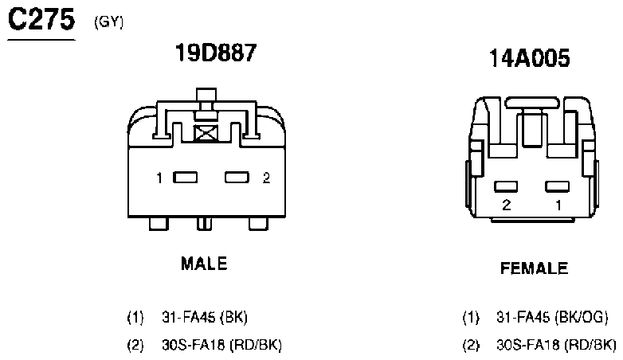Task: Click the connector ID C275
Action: [x=41, y=19]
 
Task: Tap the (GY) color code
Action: [x=109, y=22]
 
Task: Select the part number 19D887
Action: [x=216, y=53]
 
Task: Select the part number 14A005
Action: [x=529, y=58]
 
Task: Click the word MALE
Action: [x=204, y=264]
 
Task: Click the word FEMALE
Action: [x=534, y=268]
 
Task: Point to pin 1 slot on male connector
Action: [x=185, y=178]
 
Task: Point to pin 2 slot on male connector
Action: [x=237, y=178]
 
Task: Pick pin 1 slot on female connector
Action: [x=557, y=186]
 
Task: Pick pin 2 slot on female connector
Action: [x=506, y=186]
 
